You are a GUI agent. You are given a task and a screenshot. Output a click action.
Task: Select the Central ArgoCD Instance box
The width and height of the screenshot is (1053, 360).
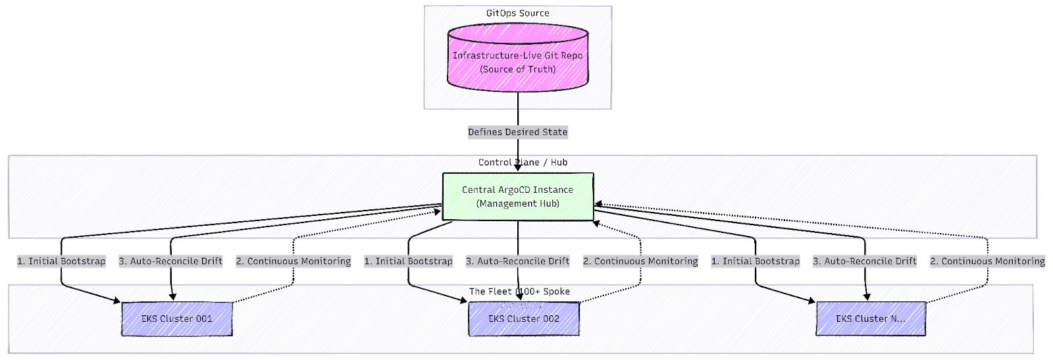[517, 196]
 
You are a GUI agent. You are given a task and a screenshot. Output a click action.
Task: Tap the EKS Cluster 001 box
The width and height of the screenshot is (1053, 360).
[176, 319]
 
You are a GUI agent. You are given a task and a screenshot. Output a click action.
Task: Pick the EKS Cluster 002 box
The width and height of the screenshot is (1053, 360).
[524, 319]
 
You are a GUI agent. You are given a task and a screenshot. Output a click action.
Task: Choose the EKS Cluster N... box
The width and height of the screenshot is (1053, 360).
[871, 319]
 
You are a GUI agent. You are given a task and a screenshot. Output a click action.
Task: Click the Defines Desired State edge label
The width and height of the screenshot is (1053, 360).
[517, 132]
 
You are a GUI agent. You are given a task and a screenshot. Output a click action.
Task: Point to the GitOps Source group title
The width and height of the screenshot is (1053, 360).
[517, 13]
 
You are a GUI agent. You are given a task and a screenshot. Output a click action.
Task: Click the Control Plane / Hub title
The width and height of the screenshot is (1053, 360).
[523, 162]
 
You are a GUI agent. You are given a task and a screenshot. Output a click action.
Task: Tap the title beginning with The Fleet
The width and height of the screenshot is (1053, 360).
[519, 291]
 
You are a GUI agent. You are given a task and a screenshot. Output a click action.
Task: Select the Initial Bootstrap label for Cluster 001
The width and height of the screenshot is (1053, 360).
[61, 261]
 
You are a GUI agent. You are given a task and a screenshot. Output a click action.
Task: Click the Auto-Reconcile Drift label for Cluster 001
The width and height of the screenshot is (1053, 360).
[170, 261]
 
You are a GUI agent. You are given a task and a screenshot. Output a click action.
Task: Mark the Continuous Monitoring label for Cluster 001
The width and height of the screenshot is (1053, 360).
[294, 261]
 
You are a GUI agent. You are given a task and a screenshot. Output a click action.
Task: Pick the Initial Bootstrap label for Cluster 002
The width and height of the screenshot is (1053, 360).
[409, 261]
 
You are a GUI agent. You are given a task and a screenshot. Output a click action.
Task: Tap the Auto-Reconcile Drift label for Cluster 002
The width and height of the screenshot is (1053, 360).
[518, 261]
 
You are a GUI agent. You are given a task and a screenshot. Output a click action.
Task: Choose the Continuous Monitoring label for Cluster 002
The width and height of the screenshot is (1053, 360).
[640, 261]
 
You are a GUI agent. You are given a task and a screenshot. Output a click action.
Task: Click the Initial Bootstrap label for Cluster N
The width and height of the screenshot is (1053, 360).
[756, 261]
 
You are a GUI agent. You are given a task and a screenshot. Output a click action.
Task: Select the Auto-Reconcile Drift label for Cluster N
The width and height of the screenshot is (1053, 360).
[865, 261]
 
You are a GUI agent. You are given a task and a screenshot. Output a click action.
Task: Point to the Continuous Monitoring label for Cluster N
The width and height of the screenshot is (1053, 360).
[987, 261]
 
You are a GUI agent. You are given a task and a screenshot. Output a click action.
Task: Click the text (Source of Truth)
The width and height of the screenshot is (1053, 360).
[517, 69]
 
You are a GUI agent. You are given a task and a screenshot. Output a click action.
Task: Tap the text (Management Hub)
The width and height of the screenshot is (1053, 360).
[517, 203]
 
